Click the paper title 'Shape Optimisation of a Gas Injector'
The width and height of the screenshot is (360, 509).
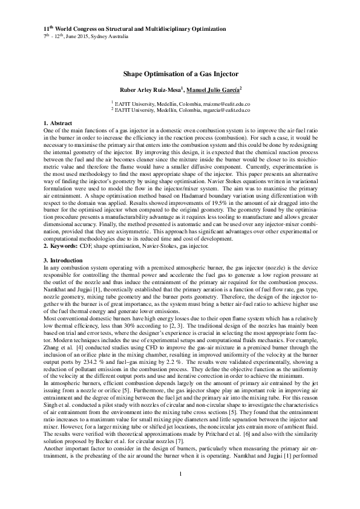(180, 73)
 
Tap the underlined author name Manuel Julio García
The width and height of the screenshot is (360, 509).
(214, 90)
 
